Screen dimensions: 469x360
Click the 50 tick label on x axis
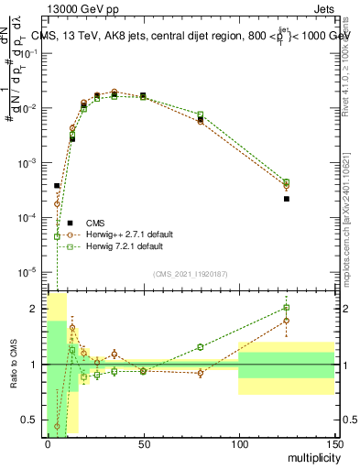point(142,444)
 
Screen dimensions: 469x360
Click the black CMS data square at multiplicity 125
point(287,199)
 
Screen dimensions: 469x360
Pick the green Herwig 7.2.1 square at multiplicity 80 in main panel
point(201,115)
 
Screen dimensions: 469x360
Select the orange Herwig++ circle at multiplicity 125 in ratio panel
point(287,321)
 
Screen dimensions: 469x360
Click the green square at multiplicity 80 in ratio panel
point(201,347)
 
